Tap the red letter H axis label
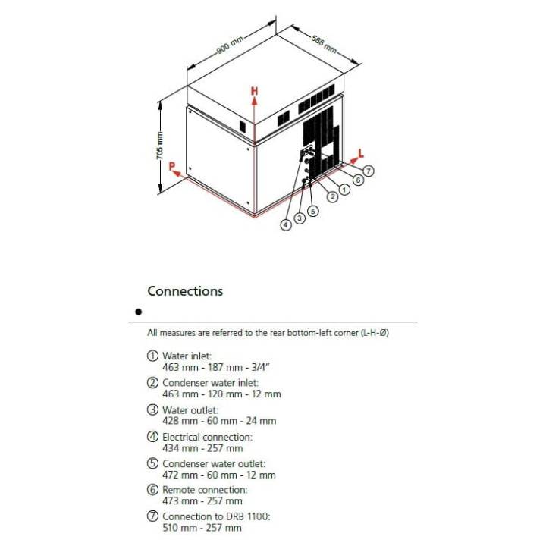click(x=255, y=91)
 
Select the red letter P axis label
click(x=173, y=166)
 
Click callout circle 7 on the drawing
click(x=369, y=171)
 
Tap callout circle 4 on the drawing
click(x=286, y=224)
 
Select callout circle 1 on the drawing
click(x=344, y=190)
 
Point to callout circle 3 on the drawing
click(x=300, y=218)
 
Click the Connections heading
click(x=185, y=291)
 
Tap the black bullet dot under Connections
click(x=138, y=312)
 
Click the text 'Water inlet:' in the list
click(x=187, y=356)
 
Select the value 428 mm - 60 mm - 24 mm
click(x=219, y=421)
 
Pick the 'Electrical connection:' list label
click(x=207, y=437)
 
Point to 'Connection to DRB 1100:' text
click(x=216, y=516)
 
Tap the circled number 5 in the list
click(x=152, y=463)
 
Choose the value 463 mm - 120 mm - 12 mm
click(x=221, y=394)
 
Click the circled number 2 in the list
click(x=152, y=383)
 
